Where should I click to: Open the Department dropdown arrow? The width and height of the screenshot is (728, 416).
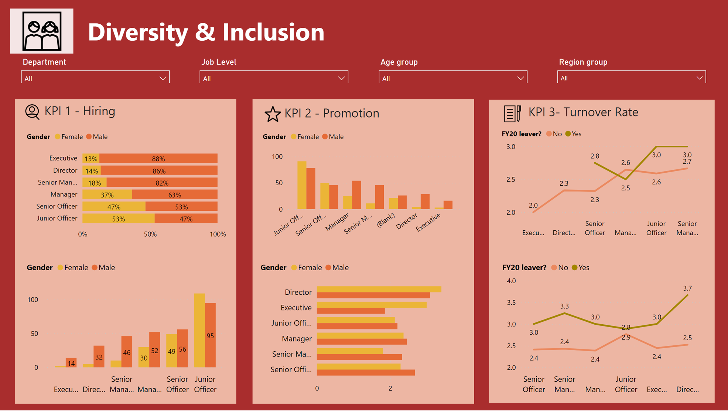pos(163,78)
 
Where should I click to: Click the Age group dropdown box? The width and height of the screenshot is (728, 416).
pos(452,78)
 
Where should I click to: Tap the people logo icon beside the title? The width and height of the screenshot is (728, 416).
pos(42,31)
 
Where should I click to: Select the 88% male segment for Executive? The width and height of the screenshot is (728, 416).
pos(158,159)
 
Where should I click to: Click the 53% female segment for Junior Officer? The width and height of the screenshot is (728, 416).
pos(118,219)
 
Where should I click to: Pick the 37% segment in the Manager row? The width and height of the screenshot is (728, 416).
pos(107,195)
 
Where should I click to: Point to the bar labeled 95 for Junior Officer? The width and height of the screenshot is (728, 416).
pos(210,335)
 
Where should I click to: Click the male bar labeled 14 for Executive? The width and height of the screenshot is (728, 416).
pos(71,363)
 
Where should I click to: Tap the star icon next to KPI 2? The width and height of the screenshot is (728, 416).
pos(273,114)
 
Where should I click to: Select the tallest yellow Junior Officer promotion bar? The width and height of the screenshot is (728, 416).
pos(302,185)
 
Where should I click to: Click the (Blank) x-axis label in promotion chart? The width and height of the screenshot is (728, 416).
pos(385,220)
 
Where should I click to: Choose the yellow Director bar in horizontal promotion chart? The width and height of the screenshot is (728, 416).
pos(379,289)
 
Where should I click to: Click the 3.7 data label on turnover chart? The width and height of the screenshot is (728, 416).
pos(687,288)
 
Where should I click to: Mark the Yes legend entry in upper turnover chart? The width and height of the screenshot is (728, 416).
pos(573,134)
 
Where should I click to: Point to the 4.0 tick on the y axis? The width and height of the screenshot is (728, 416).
pos(511,281)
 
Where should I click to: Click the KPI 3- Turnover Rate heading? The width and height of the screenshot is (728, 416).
pos(583,112)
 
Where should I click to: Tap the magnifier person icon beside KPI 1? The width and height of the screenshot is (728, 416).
pos(32,112)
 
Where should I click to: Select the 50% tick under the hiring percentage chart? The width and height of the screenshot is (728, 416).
pos(150,234)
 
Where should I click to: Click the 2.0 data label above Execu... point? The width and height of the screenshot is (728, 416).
pos(533,205)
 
